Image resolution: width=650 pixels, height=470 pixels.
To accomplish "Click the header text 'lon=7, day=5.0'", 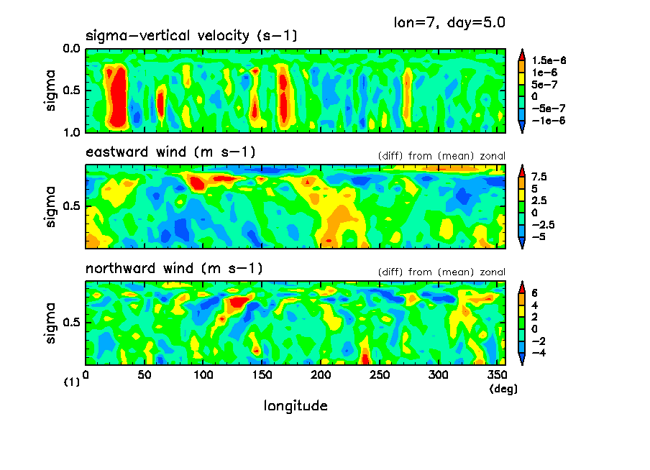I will pos(449,22).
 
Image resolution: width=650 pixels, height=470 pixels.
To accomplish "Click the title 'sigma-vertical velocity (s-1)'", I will pos(191,35).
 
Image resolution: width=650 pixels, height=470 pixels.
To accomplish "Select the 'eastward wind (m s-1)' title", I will pos(170,152).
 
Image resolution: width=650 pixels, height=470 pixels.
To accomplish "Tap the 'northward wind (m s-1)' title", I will pos(174,269).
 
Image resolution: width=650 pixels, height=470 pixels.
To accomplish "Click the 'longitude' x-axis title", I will pos(296,406).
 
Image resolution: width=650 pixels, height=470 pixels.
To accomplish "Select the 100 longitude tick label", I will pos(203,374).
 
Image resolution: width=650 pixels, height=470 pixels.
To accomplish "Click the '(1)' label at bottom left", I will pos(72,383).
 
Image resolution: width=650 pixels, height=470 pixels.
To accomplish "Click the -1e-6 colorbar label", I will pos(548,121).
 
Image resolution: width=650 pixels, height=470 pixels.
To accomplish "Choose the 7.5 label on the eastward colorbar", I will pos(539,176).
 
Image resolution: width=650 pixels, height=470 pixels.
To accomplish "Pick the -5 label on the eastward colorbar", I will pos(538,236).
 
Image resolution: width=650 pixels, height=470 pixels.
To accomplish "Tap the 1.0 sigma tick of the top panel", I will pos(71,133).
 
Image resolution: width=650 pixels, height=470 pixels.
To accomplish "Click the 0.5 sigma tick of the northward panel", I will pos(71,322).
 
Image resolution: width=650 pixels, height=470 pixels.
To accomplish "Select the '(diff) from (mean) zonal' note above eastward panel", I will pos(441,155).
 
